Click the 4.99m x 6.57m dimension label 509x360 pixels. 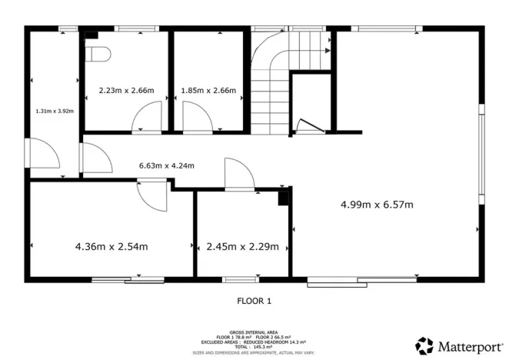coord(377,205)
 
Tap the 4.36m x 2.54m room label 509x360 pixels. coord(111,247)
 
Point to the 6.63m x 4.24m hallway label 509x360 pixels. coord(166,165)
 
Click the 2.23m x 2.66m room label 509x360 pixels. coord(126,91)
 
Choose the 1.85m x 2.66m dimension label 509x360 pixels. coord(208,91)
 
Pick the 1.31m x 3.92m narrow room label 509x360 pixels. coord(54,111)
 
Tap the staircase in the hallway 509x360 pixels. coord(270,85)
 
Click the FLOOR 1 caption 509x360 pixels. coord(254,301)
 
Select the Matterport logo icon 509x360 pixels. coord(424,345)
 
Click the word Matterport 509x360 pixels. coord(468,345)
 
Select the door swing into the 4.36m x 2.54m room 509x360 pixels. coord(152,195)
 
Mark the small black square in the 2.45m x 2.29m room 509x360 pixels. coord(284,198)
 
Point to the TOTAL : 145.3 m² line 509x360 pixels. coord(254,347)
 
